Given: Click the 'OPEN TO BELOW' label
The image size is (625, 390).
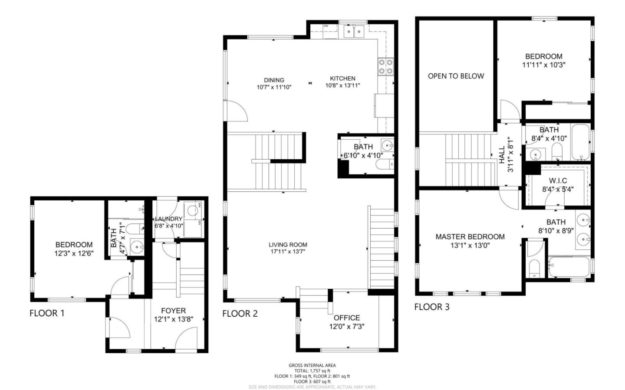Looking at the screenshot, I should click(456, 76).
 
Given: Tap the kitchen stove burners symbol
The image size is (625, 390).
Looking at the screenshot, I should click(385, 66).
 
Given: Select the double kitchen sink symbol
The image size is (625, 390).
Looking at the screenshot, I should click(354, 31).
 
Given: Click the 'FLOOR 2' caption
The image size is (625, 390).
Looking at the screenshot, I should click(240, 314).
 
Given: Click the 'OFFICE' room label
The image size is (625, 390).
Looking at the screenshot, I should click(346, 318).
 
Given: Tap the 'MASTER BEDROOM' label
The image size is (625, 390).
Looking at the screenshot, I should click(470, 237).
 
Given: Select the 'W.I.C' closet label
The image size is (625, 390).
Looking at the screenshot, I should click(557, 180).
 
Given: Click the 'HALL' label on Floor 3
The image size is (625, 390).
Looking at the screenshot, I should click(502, 154).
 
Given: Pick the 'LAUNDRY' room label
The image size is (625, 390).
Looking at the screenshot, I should click(168, 219).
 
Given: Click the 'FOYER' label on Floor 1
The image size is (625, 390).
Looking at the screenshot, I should click(173, 311).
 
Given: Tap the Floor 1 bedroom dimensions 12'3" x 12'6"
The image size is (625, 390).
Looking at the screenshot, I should click(74, 253).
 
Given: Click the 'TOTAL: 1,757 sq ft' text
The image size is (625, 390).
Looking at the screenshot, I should click(312, 371).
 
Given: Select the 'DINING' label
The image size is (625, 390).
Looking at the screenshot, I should click(274, 80).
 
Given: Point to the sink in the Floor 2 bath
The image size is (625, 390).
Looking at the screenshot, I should click(386, 144).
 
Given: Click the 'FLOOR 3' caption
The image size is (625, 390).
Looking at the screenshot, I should click(431, 307).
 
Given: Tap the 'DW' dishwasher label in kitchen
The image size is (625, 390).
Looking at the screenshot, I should click(326, 26).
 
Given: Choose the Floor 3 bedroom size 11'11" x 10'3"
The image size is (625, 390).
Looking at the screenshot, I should click(543, 65).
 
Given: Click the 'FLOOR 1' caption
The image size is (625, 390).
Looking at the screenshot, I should click(47, 313).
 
